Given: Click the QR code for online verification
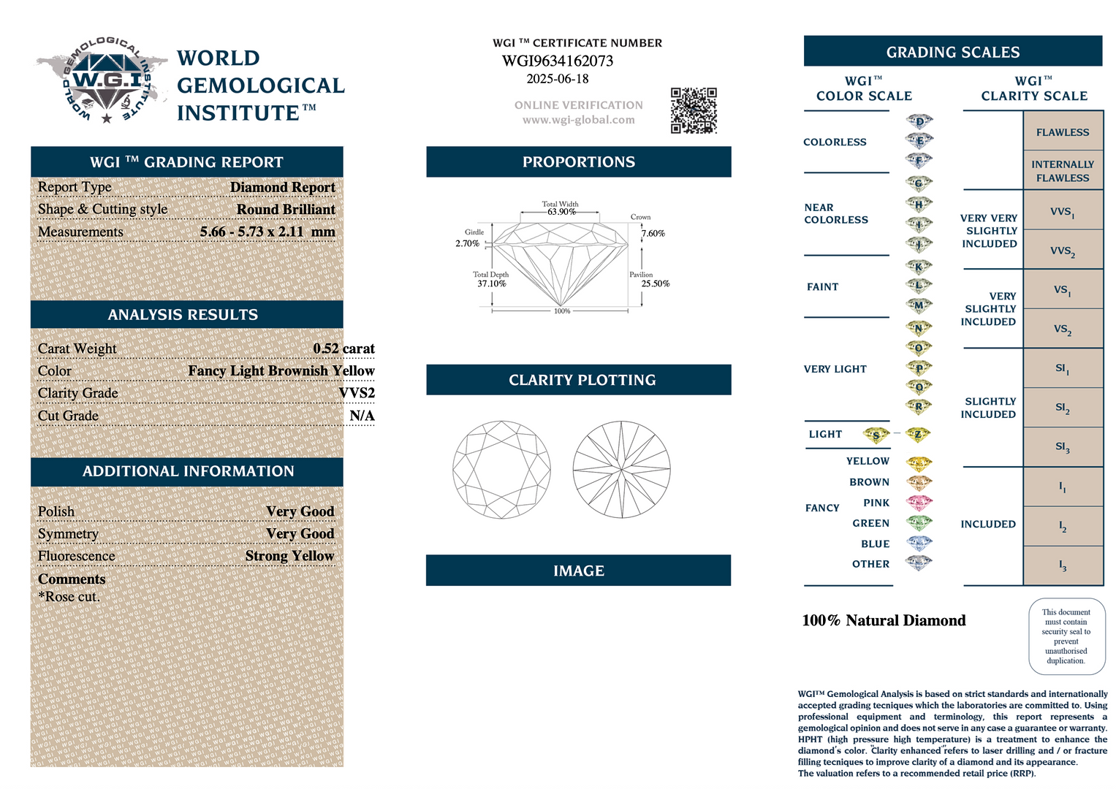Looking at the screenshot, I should coord(694,110).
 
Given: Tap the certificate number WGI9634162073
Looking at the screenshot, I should coord(558,61).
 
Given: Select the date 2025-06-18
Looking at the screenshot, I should coord(558,79).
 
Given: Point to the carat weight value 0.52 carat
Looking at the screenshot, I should coord(343,348).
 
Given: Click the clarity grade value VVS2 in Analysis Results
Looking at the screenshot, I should coord(357,393).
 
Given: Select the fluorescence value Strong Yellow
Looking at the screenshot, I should coord(289,556).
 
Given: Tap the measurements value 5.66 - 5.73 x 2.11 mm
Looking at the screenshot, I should coord(267,232).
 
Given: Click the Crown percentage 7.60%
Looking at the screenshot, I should coord(653,234).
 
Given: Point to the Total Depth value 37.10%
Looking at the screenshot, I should coord(491,283).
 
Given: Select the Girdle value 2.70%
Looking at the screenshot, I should coord(467,243).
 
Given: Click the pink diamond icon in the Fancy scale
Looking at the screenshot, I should coord(919,503).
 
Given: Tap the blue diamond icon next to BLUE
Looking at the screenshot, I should coord(919,544).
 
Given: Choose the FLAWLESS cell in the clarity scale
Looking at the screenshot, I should coord(1063,132).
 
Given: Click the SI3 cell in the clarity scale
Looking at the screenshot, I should coord(1063,446).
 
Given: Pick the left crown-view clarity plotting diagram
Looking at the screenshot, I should coord(501,469).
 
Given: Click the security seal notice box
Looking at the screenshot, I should coord(1066,636).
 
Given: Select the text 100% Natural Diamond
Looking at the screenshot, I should coord(884,620).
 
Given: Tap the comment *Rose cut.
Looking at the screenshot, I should coord(69,597).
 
